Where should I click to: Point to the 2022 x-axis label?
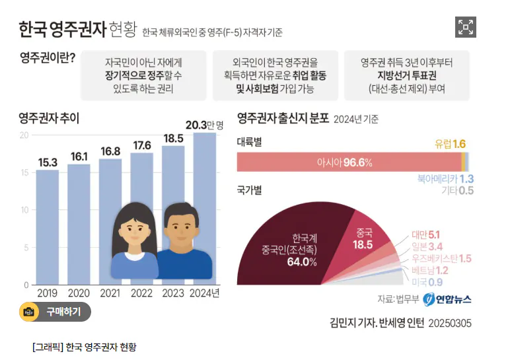(x=142, y=293)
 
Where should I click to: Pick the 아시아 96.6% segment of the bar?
(x=348, y=162)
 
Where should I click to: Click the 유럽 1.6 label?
(x=451, y=144)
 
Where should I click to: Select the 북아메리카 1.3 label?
(x=445, y=178)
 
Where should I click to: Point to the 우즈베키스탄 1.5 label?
(x=441, y=258)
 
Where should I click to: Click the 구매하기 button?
(x=55, y=312)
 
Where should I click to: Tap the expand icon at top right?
(x=466, y=27)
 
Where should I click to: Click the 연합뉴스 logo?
(x=447, y=299)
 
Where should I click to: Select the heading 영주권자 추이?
(x=49, y=119)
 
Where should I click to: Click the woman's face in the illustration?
(x=136, y=228)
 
